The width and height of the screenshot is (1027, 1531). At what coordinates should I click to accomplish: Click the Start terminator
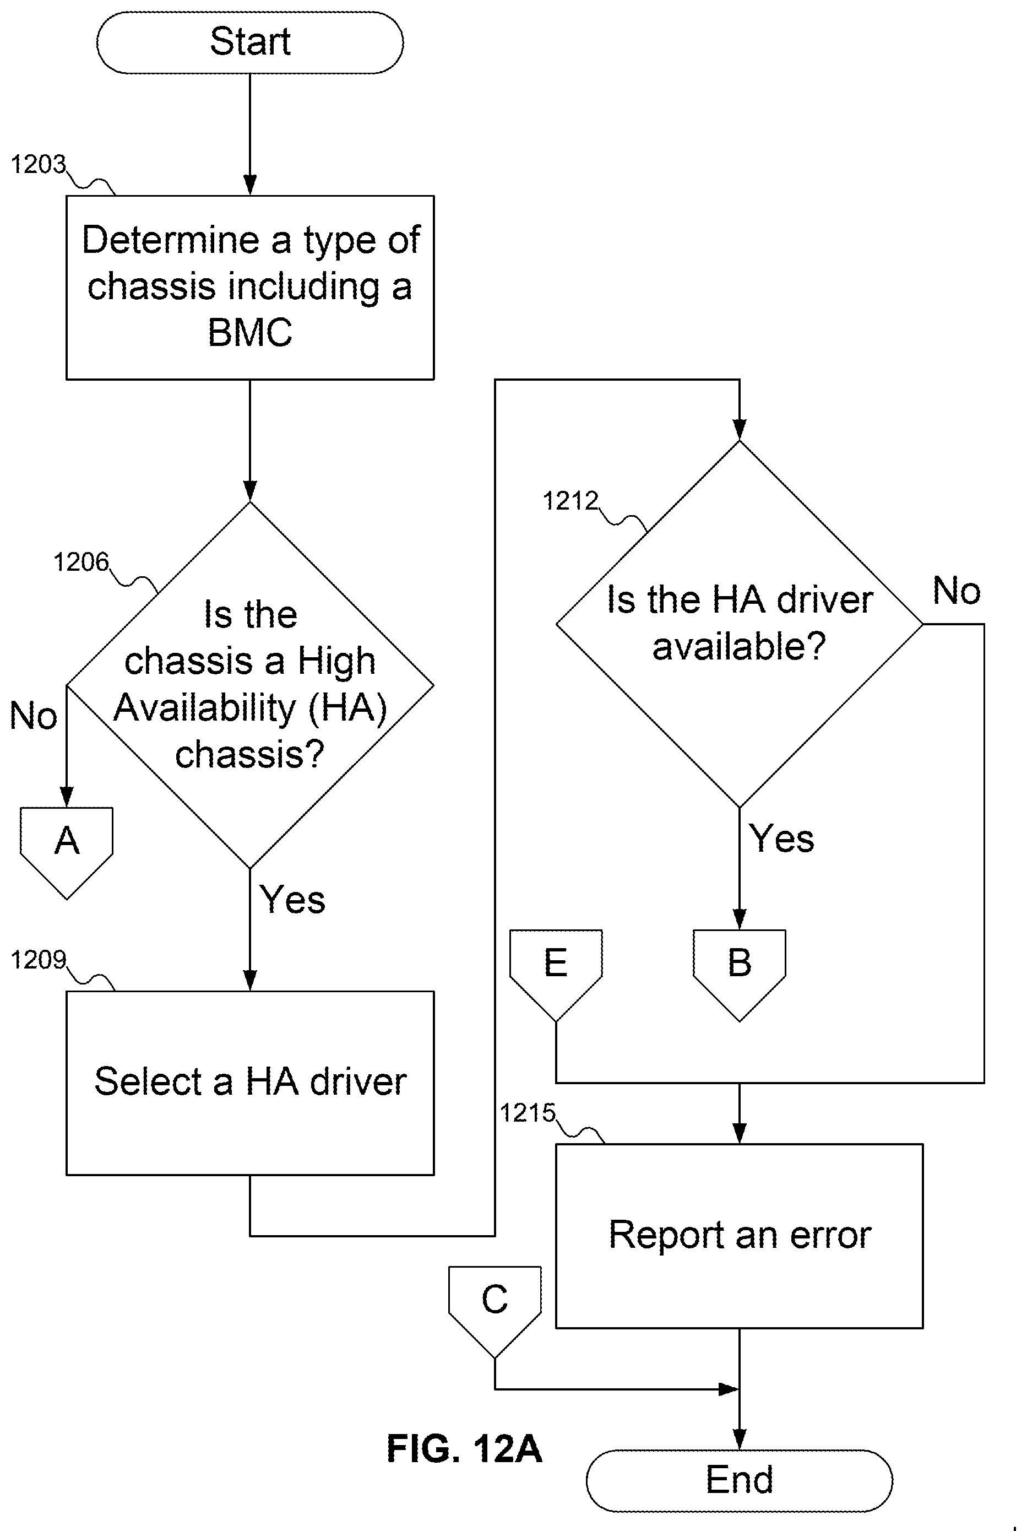point(249,42)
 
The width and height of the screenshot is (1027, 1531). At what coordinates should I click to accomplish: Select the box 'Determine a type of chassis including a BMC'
point(250,287)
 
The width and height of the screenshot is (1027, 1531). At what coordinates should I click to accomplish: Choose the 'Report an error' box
point(740,1236)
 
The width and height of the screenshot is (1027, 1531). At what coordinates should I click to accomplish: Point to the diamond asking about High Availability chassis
point(250,685)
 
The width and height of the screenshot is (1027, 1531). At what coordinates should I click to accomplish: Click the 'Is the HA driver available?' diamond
point(740,624)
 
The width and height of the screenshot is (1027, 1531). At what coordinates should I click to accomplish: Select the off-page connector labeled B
point(740,974)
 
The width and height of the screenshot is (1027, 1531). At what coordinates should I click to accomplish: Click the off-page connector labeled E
point(556,974)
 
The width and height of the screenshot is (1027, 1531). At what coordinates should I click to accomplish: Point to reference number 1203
point(39,164)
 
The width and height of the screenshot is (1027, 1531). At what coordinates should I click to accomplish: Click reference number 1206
point(81,562)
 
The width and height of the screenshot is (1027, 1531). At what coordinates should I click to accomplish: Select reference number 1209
point(39,960)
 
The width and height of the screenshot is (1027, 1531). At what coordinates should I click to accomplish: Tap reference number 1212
point(570,501)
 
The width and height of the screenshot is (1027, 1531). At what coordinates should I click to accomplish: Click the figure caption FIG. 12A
point(464,1448)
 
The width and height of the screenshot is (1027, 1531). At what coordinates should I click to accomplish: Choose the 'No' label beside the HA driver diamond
point(957,591)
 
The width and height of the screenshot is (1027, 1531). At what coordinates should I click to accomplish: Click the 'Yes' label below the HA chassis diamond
point(292,900)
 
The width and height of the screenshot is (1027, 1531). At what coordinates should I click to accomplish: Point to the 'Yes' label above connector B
point(781,838)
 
